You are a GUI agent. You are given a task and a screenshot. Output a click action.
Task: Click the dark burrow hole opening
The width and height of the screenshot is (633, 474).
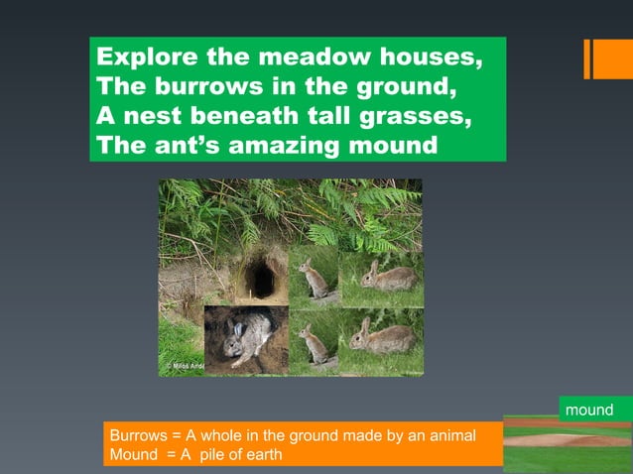tap(261, 279)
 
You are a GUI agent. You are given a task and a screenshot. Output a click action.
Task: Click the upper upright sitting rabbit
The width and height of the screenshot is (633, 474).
tap(315, 280)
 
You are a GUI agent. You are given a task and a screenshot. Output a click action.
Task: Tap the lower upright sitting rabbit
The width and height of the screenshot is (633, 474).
tap(315, 344)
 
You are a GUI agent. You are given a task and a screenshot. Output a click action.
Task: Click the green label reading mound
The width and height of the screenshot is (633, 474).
tap(589, 410)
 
